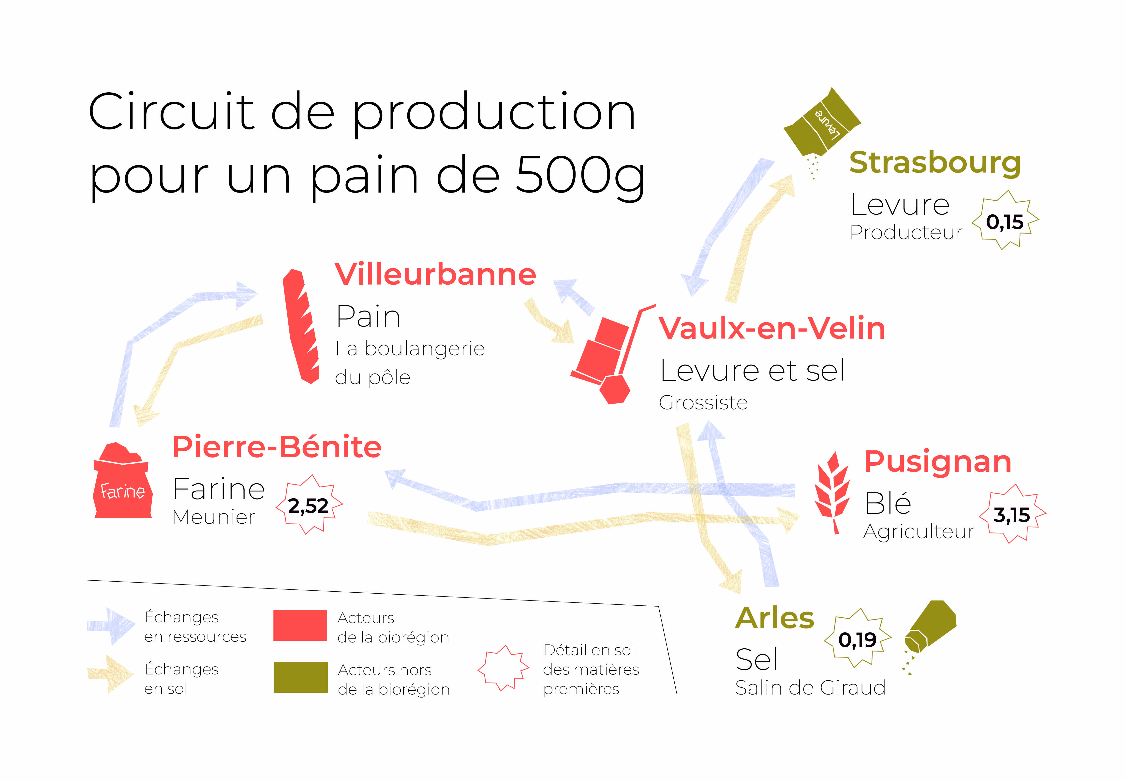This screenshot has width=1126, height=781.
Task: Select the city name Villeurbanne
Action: click(435, 274)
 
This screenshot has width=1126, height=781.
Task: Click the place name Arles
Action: click(774, 618)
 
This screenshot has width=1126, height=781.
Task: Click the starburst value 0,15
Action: click(1005, 222)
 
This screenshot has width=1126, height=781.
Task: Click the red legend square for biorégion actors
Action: click(300, 625)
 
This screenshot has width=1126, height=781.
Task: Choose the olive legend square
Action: click(300, 677)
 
